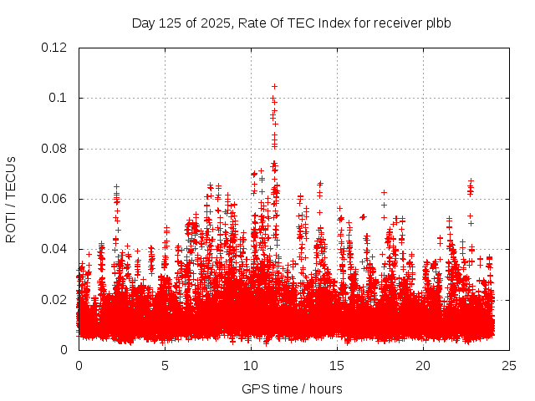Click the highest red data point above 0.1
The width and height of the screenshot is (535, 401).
(x=274, y=86)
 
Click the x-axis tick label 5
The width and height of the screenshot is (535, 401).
(x=165, y=365)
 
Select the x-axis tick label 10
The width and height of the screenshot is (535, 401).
(x=251, y=365)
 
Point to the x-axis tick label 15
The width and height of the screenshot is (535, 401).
(x=337, y=365)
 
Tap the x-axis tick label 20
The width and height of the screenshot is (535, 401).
(x=423, y=365)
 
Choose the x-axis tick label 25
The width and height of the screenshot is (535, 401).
(x=509, y=365)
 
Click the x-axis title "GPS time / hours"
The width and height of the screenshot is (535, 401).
(x=292, y=388)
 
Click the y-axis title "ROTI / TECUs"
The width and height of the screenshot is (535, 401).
(x=12, y=199)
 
